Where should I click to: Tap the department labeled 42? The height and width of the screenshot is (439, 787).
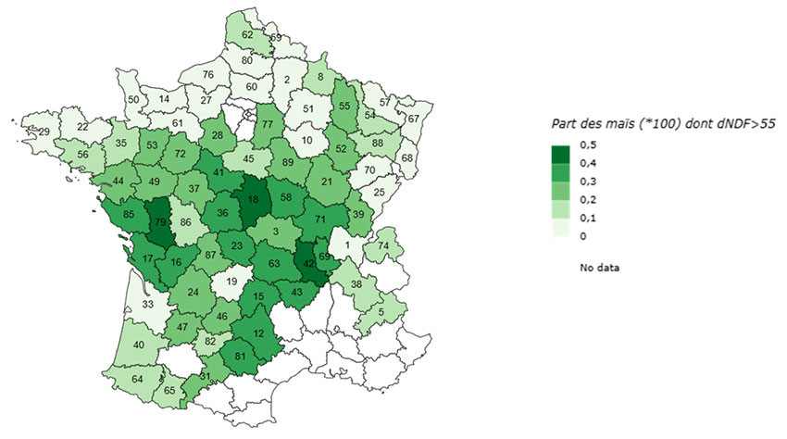307,263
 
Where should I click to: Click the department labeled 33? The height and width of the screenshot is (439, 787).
147,303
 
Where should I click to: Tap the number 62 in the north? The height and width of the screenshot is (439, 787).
247,35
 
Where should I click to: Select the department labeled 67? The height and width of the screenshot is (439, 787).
413,119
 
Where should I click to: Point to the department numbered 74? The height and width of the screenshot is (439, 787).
383,245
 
